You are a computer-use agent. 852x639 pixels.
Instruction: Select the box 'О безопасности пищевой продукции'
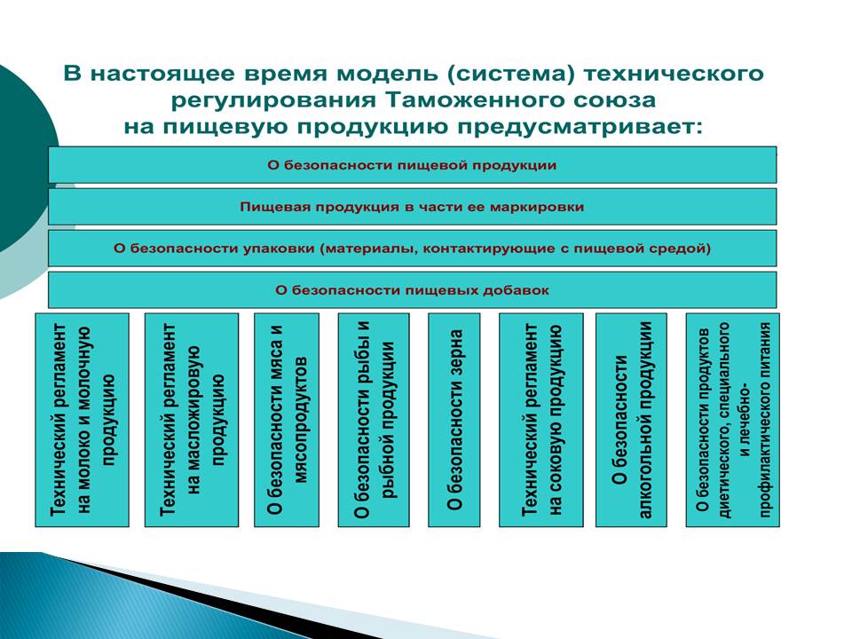coord(413,165)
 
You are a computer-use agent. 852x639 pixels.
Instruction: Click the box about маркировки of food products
coord(413,207)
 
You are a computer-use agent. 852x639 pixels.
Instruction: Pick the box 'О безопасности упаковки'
coord(413,248)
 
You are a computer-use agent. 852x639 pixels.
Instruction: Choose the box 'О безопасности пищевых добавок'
coord(413,289)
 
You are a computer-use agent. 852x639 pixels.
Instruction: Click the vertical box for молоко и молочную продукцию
coord(82,420)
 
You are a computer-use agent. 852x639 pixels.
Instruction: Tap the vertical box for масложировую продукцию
coord(192,420)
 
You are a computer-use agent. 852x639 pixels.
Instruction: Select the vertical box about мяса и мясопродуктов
coord(287,420)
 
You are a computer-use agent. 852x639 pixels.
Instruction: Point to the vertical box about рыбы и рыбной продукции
coord(374,420)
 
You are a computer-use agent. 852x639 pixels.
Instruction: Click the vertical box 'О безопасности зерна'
coord(454,420)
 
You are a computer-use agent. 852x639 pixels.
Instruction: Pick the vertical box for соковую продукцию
coord(541,420)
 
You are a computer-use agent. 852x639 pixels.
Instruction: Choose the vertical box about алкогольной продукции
coord(631,420)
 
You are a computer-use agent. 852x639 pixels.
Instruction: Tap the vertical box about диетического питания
coord(733,420)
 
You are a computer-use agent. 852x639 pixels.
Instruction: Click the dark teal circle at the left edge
coord(25,158)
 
